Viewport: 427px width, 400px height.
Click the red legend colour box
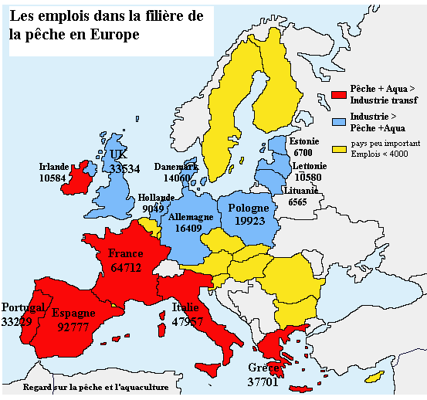[x=337, y=95]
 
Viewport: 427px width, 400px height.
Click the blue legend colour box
[x=337, y=121]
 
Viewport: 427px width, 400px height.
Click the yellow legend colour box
[x=337, y=147]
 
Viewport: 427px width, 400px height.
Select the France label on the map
[x=126, y=253]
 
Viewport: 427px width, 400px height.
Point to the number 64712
[x=126, y=268]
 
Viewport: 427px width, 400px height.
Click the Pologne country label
[x=249, y=208]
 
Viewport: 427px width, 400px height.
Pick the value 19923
[x=249, y=222]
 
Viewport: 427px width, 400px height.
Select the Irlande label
[x=55, y=166]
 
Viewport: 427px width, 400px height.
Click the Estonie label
[x=303, y=142]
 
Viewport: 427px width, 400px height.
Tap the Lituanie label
[x=303, y=190]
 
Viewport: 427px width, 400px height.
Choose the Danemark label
[x=176, y=166]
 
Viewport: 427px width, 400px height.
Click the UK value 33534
[x=124, y=168]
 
